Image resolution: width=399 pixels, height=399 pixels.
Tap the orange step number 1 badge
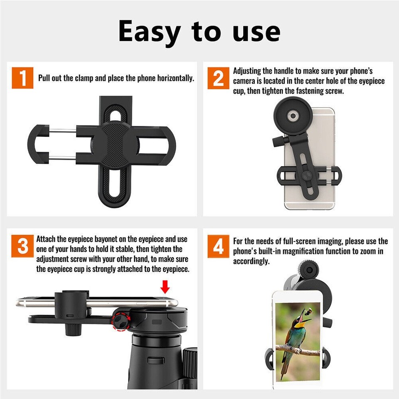(22, 77)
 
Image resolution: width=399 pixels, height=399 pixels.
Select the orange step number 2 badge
(218, 78)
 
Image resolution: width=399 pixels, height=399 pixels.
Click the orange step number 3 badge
(22, 246)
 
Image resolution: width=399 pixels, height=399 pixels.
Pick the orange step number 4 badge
(218, 246)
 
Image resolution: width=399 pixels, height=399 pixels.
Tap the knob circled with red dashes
(121, 320)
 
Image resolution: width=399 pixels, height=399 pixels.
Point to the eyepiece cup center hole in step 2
(293, 115)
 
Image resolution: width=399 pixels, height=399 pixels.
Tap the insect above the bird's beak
(309, 310)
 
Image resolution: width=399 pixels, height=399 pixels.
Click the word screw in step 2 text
(335, 91)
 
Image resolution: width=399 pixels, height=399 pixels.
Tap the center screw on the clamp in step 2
(305, 175)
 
